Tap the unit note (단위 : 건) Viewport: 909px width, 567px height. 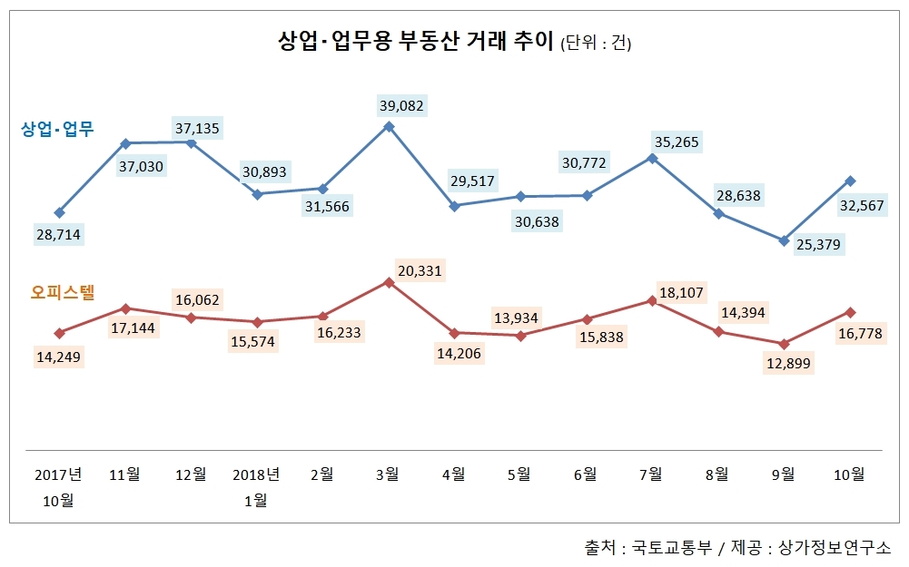tap(596, 44)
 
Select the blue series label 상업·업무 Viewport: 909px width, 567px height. tap(57, 129)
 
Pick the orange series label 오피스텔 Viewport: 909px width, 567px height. tap(64, 292)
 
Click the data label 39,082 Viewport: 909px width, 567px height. tap(401, 105)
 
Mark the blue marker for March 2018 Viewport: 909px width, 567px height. tap(389, 126)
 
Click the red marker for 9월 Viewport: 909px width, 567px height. tap(783, 344)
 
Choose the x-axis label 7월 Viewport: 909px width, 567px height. tap(651, 474)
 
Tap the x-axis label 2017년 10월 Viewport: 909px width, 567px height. tap(59, 486)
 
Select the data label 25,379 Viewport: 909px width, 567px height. tap(816, 244)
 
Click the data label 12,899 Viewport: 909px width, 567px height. tap(788, 364)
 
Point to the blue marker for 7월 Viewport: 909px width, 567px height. tap(652, 158)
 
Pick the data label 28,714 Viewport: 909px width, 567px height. tap(58, 234)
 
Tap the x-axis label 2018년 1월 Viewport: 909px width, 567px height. tap(256, 486)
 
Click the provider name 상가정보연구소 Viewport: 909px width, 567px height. tap(835, 549)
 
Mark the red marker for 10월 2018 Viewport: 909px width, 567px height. tap(849, 312)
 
